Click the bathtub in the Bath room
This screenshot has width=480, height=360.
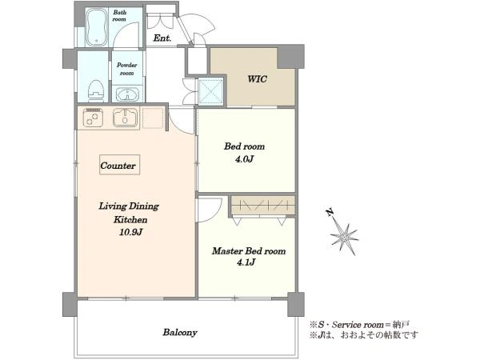click(x=97, y=27)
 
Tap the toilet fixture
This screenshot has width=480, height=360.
click(x=95, y=91)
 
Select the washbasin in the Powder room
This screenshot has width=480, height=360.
click(x=127, y=94)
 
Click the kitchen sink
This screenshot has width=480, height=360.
click(x=126, y=118)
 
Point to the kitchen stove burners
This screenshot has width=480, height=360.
click(x=93, y=118)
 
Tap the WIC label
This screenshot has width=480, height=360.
click(x=257, y=79)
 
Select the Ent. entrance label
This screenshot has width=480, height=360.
click(x=162, y=38)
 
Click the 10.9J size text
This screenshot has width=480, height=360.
click(x=130, y=232)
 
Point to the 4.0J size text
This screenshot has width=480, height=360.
click(x=245, y=159)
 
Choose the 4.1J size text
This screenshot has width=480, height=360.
click(x=246, y=262)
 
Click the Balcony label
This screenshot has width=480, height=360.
click(x=180, y=333)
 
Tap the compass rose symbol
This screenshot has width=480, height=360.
click(x=345, y=237)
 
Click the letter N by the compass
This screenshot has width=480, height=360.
click(x=330, y=213)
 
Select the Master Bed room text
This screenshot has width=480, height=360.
click(x=249, y=251)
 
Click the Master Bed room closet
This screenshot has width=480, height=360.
click(x=262, y=206)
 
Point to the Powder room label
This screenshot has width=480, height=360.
click(x=126, y=69)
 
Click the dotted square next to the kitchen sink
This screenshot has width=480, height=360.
click(x=153, y=118)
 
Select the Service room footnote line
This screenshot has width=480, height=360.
click(x=360, y=324)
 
